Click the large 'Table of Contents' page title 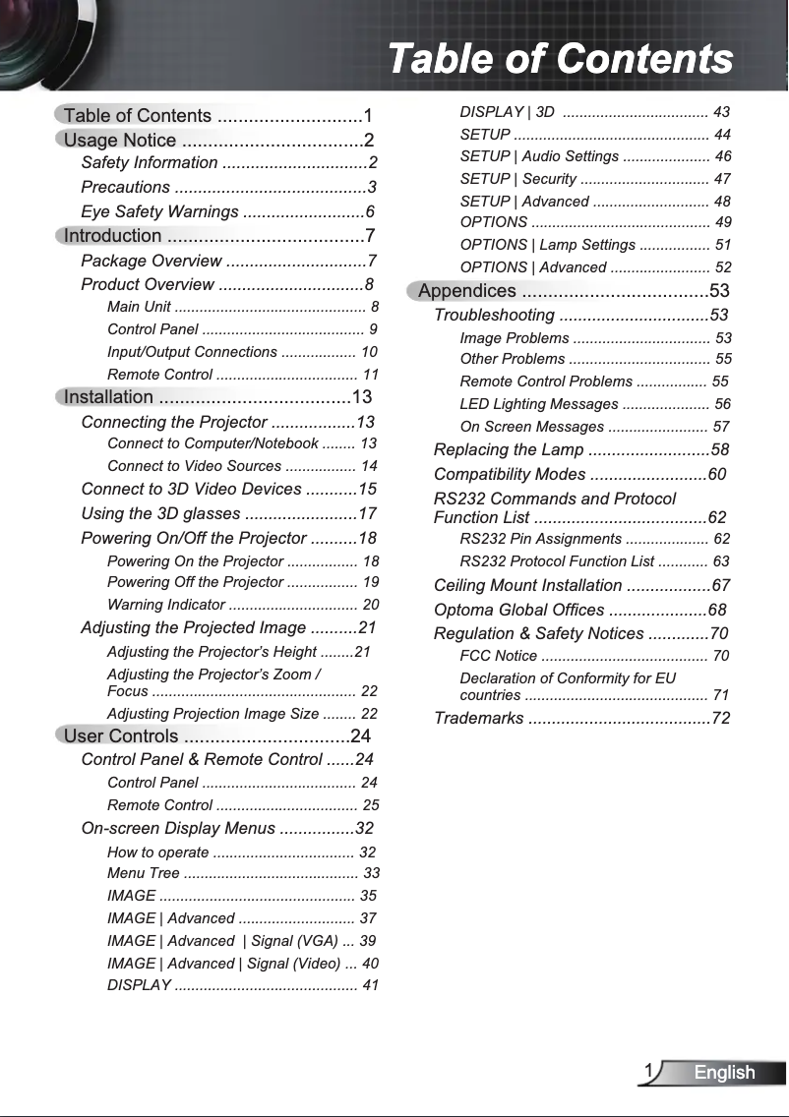click(x=560, y=59)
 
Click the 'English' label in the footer click(x=724, y=1073)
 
